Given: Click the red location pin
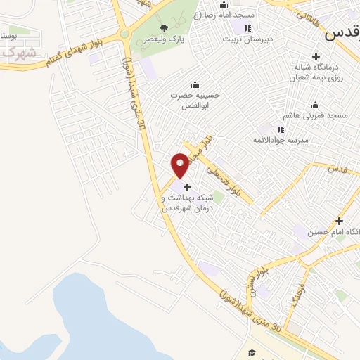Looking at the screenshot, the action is point(180,165).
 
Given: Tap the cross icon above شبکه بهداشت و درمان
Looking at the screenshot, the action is point(187,187).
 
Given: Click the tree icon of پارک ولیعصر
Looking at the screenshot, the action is point(164,28).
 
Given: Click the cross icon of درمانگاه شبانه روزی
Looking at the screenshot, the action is point(315,56).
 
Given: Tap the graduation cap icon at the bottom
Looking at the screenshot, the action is point(252,352).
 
